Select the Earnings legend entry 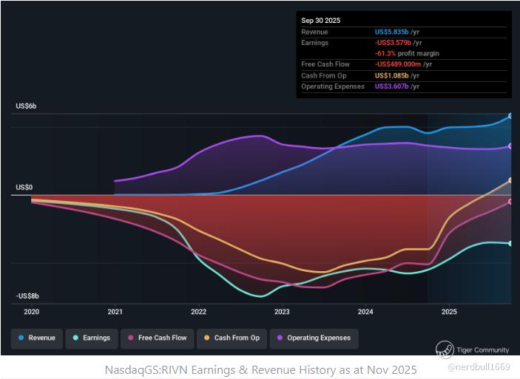coord(92,338)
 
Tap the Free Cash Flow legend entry coord(157,338)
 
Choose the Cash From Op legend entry coord(232,338)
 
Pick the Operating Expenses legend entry coord(314,338)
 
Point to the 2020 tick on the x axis coord(31,312)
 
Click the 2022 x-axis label coord(198,312)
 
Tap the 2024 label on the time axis coord(365,312)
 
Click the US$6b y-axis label coord(27,106)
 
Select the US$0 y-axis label coord(24,188)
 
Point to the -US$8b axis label coord(28,296)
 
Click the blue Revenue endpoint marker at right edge coord(510,116)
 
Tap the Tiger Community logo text coord(482,349)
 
